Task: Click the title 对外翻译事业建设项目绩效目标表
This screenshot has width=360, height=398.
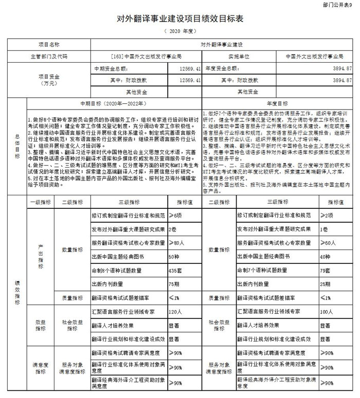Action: [x=180, y=19]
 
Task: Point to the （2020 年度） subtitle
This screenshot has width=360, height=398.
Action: [x=179, y=32]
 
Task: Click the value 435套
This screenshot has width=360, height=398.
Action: [x=175, y=269]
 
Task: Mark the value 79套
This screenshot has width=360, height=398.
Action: [x=325, y=269]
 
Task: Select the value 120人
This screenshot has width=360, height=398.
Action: [x=175, y=312]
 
